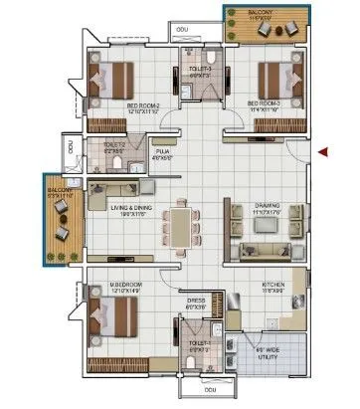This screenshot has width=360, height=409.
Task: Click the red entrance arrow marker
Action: [x=323, y=152]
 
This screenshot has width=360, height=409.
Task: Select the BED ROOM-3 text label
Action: [x=264, y=102]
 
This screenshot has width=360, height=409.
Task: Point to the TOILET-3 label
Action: [x=199, y=70]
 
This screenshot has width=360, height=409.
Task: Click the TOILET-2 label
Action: [x=114, y=145]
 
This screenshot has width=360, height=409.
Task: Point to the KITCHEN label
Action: [x=273, y=284]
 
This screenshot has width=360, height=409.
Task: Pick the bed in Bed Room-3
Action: [x=276, y=76]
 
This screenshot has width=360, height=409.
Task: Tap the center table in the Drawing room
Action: [x=264, y=225]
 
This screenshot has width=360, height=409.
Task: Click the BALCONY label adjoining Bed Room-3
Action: [x=262, y=12]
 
